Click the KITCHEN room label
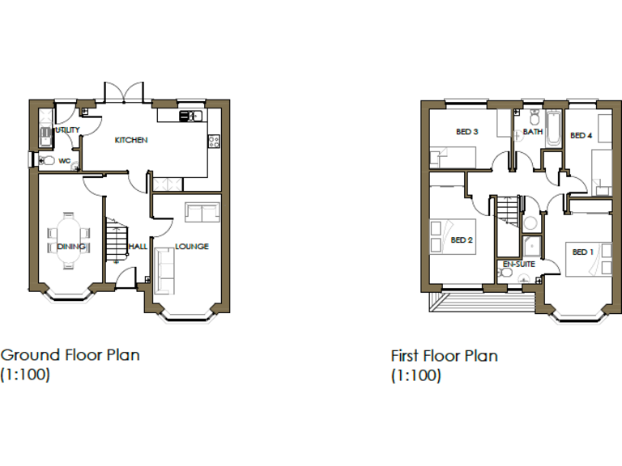pyautogui.click(x=131, y=140)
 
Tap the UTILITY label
pyautogui.click(x=66, y=129)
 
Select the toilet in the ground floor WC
pyautogui.click(x=48, y=161)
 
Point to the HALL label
pyautogui.click(x=137, y=247)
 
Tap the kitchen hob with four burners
pyautogui.click(x=214, y=141)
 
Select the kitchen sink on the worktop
pyautogui.click(x=189, y=116)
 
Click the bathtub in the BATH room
pyautogui.click(x=554, y=128)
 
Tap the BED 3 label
pyautogui.click(x=466, y=132)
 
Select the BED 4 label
pyautogui.click(x=581, y=135)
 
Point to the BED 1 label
pyautogui.click(x=582, y=252)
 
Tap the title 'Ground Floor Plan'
pyautogui.click(x=70, y=354)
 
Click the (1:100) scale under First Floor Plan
pyautogui.click(x=415, y=375)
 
